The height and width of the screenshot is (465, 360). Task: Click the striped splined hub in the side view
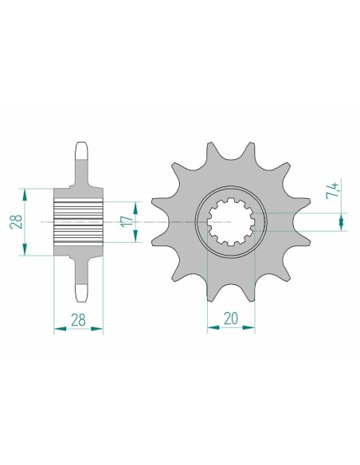79,223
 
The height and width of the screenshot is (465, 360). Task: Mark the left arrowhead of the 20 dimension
211,326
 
